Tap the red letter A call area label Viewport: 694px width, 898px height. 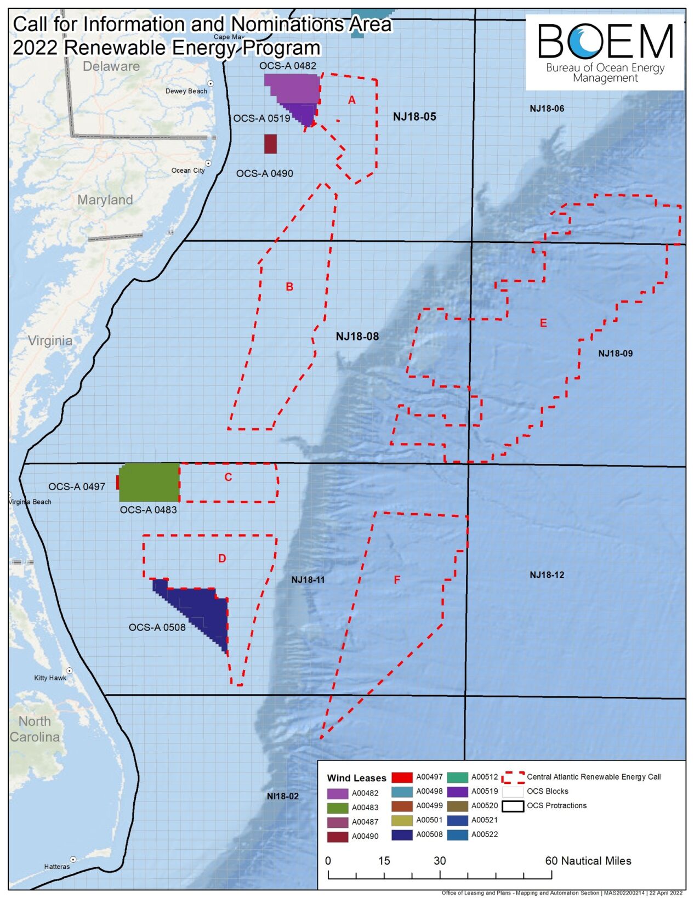coord(352,100)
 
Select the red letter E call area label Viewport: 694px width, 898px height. coord(543,323)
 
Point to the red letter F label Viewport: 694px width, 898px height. coord(397,579)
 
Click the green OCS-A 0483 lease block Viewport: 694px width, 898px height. coord(149,482)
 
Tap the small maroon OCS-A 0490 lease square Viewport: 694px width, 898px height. coord(270,144)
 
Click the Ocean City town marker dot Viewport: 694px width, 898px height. coord(208,163)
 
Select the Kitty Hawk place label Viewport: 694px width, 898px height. coord(50,678)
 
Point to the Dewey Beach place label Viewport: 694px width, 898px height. coord(186,91)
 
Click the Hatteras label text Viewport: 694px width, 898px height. coord(57,867)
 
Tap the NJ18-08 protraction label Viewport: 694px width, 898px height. coord(357,336)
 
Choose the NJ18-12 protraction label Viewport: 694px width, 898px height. coord(547,575)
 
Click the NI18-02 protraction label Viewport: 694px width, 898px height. coord(283,796)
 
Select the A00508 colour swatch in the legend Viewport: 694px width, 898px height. coord(402,835)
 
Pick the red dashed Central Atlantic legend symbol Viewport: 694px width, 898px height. coord(513,777)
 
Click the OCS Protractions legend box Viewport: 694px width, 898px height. coord(513,806)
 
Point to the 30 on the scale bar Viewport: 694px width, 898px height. coord(440,861)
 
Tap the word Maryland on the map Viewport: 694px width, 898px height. coord(105,200)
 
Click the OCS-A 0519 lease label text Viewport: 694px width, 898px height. coord(261,118)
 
